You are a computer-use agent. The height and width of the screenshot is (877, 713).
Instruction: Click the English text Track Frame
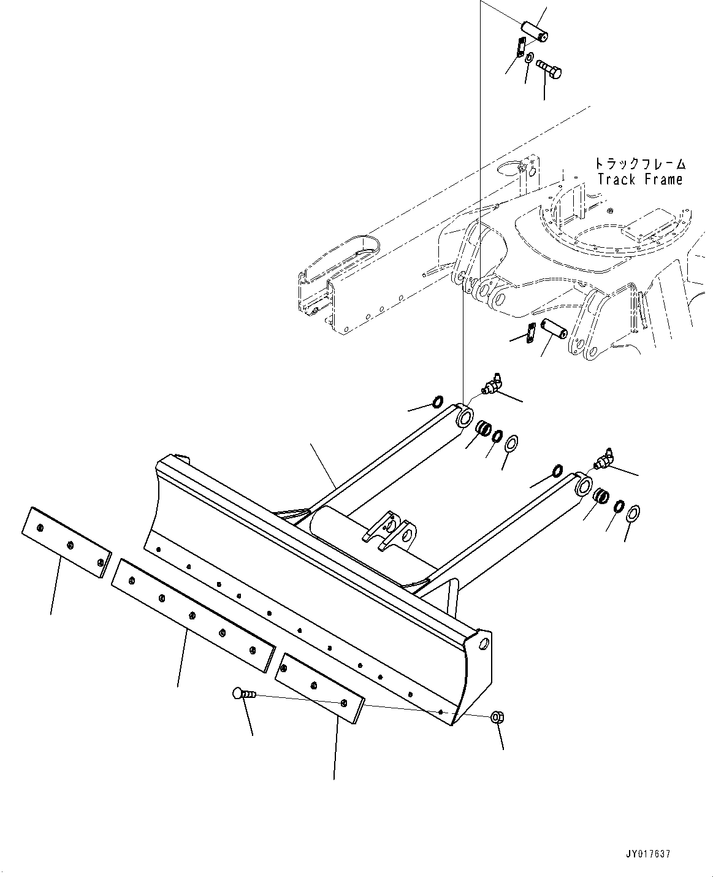click(639, 180)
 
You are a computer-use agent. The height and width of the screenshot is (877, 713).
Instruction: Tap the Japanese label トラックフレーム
click(639, 164)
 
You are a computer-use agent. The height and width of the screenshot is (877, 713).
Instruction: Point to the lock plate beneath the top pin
click(520, 47)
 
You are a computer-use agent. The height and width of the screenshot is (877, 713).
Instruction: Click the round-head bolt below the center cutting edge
click(243, 694)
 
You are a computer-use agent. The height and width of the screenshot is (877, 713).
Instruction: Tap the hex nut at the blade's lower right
click(498, 718)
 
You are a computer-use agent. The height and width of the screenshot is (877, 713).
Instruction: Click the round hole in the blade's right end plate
click(484, 644)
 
